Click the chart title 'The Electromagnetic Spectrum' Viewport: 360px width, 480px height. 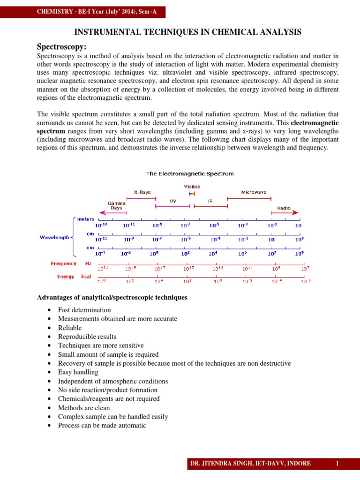(190, 174)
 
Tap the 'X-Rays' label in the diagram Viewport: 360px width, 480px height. (142, 192)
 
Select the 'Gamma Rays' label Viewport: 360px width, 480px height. (116, 205)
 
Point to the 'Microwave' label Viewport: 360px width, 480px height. (254, 192)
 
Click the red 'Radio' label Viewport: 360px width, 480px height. (284, 208)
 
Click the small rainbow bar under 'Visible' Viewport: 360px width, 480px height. (192, 193)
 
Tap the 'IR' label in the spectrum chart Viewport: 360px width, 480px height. (210, 201)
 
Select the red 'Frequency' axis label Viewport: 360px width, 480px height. (63, 263)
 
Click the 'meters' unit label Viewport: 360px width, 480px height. (86, 219)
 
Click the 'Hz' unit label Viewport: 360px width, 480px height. (88, 263)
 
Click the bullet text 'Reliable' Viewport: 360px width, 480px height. (70, 328)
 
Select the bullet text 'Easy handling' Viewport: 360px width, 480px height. (78, 372)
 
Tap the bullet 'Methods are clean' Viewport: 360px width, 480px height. (85, 408)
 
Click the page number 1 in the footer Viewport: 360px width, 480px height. (337, 464)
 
